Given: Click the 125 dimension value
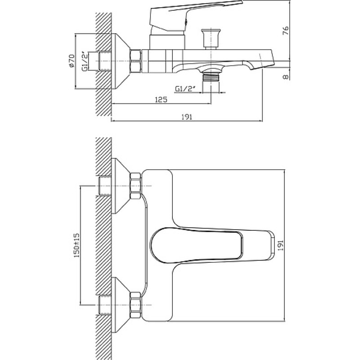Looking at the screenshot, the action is click(162, 99).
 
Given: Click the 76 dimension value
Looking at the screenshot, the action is click(285, 31).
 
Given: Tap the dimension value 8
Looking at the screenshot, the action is click(286, 77).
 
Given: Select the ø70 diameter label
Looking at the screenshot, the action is click(72, 61).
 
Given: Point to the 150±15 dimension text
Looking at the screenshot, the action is click(76, 245).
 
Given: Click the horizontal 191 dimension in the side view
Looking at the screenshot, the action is click(187, 117).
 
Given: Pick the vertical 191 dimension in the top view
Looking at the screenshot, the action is click(280, 245).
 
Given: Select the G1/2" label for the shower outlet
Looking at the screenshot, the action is click(185, 89).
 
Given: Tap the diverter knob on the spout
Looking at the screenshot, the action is click(211, 39).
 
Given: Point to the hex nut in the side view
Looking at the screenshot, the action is click(135, 61).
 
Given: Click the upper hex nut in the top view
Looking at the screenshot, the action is click(135, 185).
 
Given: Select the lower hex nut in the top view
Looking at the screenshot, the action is click(135, 305).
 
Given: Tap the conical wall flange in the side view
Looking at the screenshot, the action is click(121, 62).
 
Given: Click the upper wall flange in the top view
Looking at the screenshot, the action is click(121, 186).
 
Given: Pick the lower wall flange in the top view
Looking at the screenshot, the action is click(121, 305).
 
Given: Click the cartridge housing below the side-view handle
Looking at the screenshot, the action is click(167, 42).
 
